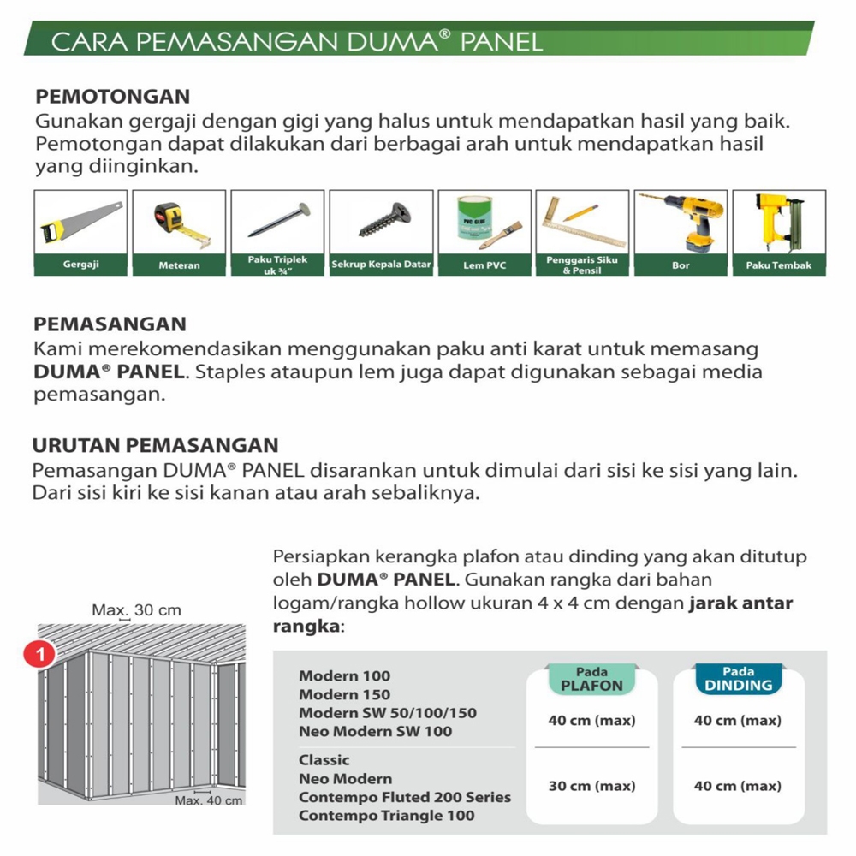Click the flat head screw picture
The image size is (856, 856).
click(x=382, y=222)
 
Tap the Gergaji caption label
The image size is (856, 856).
click(x=81, y=265)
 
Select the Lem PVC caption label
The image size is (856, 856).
click(x=484, y=265)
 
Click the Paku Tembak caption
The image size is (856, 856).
click(x=779, y=265)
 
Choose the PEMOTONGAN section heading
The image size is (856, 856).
click(x=111, y=96)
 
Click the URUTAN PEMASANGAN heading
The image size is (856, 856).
click(x=156, y=445)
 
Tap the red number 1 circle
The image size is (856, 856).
click(x=40, y=655)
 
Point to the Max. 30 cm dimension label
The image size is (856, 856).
click(x=137, y=610)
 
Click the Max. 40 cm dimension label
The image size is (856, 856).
click(x=209, y=800)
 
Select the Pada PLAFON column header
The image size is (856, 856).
click(x=591, y=680)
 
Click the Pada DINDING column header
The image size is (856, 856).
click(x=738, y=680)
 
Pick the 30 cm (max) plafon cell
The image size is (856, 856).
click(x=591, y=786)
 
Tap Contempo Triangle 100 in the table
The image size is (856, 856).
click(x=387, y=816)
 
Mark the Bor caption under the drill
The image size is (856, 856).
click(x=681, y=265)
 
